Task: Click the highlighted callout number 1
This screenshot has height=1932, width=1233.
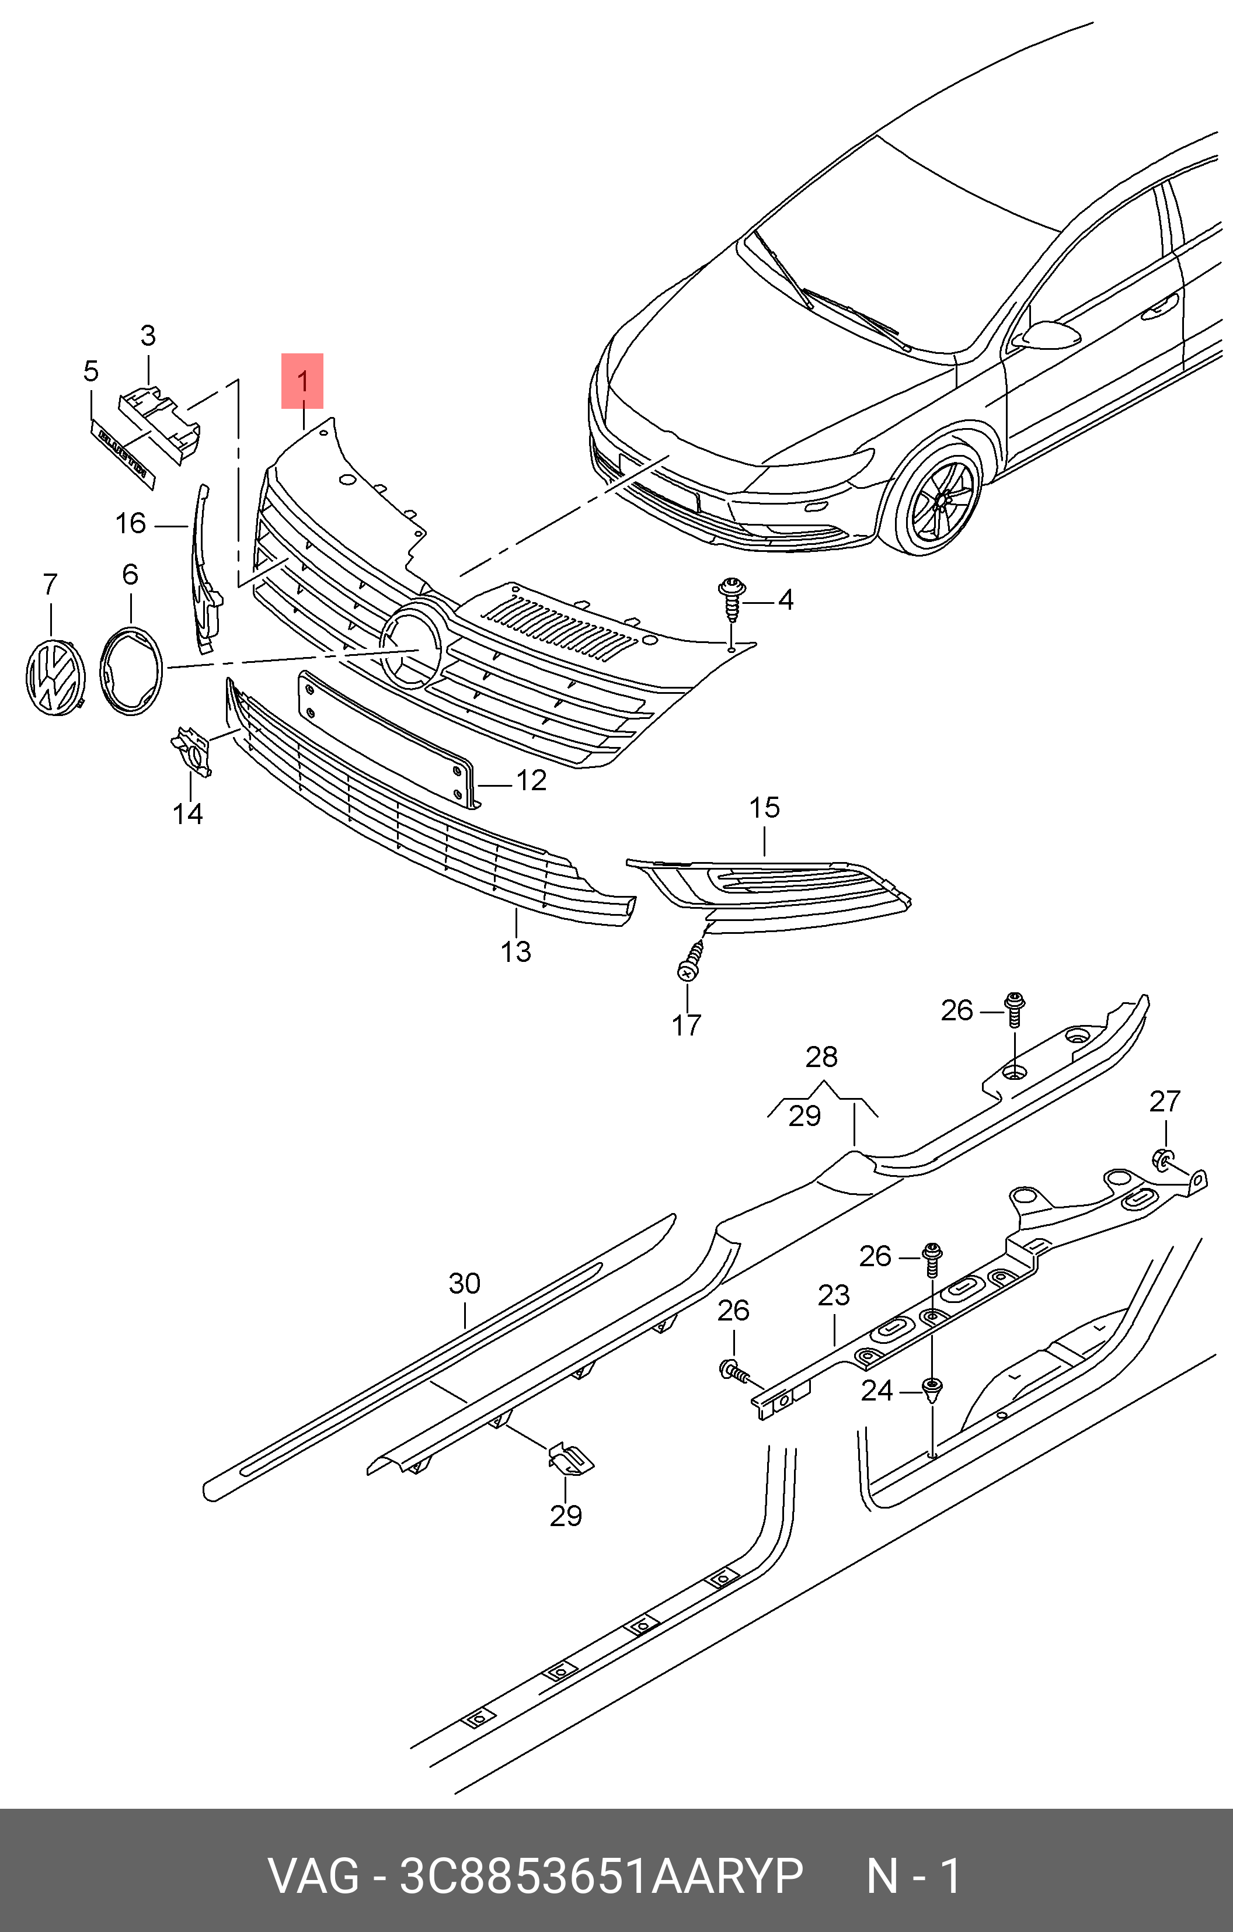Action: (302, 381)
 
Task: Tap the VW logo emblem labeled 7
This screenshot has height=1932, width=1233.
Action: (54, 676)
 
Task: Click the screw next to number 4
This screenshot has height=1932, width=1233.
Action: (731, 597)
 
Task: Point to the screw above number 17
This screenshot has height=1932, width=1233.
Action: (690, 961)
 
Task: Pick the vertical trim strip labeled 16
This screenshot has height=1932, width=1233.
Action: (204, 569)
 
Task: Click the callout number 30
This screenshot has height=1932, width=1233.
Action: (465, 1284)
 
